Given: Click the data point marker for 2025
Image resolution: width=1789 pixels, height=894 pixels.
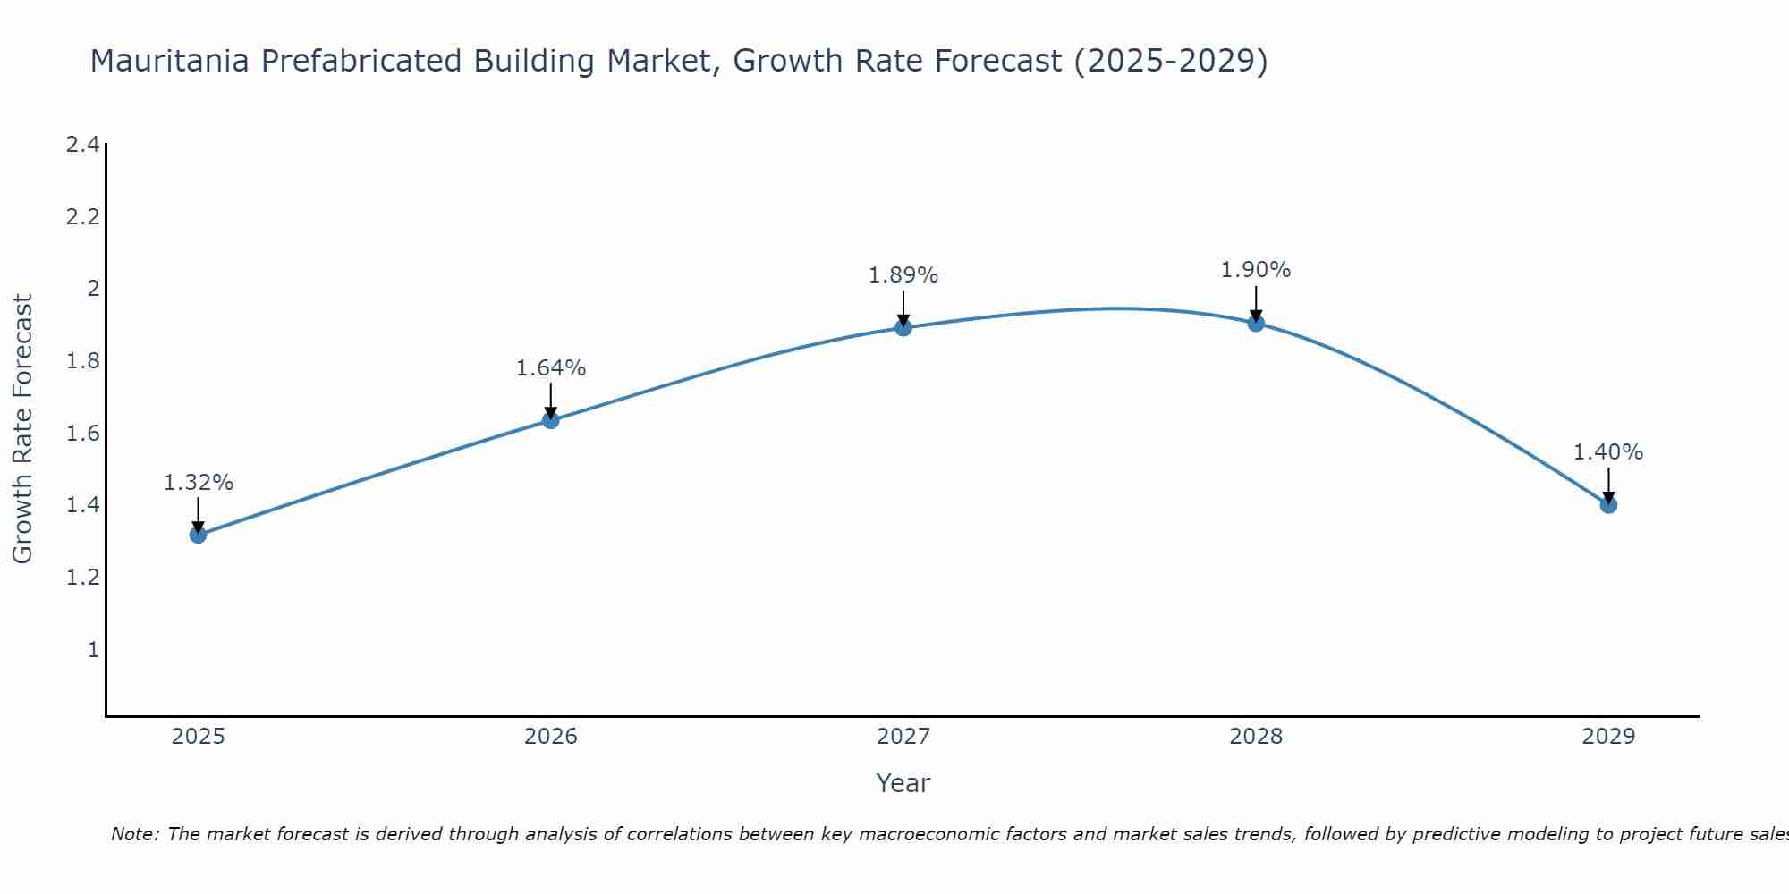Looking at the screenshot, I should click(x=198, y=535).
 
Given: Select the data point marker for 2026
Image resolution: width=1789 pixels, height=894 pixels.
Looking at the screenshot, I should click(x=551, y=420).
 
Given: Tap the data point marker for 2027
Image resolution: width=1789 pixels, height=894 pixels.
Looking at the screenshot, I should click(x=903, y=328).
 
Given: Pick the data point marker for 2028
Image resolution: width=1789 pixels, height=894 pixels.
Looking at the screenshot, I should click(x=1256, y=324).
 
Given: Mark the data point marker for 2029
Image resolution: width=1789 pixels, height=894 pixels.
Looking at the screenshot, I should click(x=1608, y=505).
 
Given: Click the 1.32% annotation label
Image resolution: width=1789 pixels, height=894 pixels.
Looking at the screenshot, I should click(x=198, y=483).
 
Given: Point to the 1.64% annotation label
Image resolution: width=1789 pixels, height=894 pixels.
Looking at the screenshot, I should click(x=551, y=368).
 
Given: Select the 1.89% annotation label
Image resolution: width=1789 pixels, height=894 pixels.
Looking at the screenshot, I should click(x=903, y=275).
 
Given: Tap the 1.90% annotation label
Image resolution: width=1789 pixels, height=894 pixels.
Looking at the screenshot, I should click(x=1256, y=270).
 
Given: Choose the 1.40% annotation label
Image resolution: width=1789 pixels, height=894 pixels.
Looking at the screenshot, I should click(x=1608, y=452).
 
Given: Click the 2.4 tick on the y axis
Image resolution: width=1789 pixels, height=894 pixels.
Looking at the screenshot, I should click(x=82, y=145).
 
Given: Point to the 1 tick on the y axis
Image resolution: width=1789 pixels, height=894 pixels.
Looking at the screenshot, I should click(x=92, y=650).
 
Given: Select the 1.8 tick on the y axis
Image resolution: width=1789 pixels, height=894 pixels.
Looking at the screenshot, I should click(x=82, y=361).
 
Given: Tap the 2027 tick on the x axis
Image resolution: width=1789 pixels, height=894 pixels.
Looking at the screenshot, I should click(x=903, y=737).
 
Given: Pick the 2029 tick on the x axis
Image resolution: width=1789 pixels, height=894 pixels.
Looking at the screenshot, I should click(x=1608, y=737).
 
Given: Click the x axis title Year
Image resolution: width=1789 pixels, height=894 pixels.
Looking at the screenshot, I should click(x=903, y=783).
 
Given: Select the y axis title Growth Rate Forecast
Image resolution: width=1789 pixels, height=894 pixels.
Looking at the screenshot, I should click(x=22, y=429).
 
